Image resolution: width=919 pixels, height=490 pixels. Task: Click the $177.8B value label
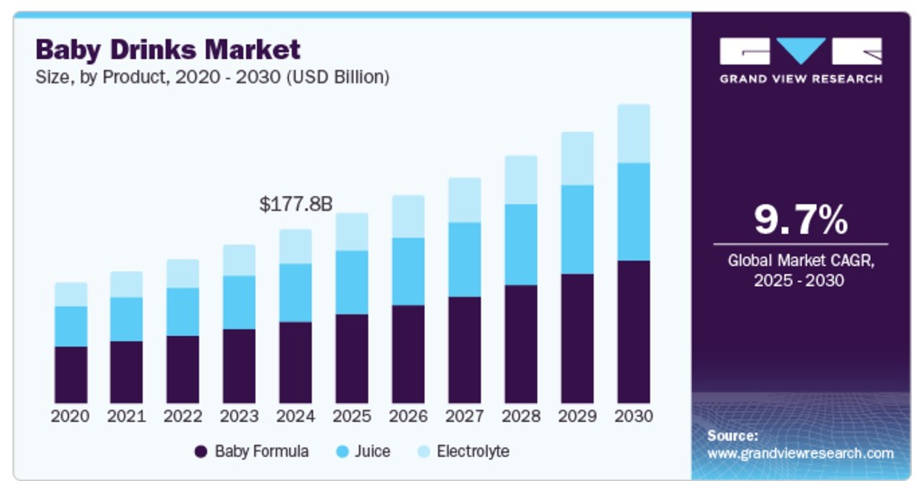coord(295,204)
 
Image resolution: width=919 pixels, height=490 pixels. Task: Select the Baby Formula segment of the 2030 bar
coord(634,331)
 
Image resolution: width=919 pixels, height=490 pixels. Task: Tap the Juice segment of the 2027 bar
coord(464,260)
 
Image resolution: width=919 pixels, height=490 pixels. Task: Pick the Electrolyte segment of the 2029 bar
coord(577,159)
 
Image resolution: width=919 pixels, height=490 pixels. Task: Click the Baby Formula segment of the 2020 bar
coord(71,374)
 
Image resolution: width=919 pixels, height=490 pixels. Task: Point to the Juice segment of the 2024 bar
coord(295,293)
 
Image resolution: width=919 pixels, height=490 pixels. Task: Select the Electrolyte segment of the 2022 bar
coord(183,273)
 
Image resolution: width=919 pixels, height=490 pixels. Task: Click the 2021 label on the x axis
coord(126,417)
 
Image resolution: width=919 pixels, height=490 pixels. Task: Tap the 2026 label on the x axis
coord(408,417)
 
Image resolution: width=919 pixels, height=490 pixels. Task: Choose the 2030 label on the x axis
coord(634,417)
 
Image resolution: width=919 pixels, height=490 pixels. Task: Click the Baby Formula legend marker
coord(201,451)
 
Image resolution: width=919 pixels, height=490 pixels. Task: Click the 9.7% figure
coord(800,219)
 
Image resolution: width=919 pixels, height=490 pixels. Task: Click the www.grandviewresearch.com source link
coord(800,453)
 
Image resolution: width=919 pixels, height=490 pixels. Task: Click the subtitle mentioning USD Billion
coord(212,77)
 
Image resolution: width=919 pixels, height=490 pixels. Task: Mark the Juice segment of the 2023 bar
coord(239,303)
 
